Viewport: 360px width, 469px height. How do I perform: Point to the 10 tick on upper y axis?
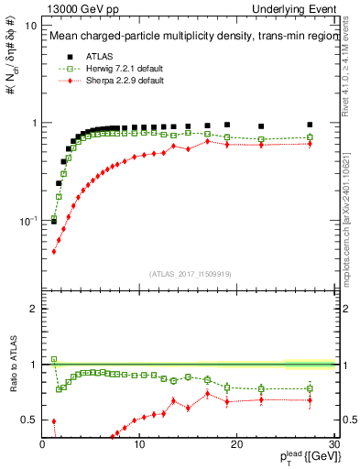30,26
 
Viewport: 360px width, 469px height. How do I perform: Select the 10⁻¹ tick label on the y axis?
27,221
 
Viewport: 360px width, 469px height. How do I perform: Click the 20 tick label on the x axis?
236,446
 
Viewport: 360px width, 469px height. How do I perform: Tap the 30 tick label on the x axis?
333,446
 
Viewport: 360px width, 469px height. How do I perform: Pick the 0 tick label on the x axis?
43,446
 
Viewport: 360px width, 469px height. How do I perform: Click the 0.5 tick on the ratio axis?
29,420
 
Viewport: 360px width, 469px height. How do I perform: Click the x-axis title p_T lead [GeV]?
307,458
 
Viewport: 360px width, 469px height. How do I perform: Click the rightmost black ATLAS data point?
310,125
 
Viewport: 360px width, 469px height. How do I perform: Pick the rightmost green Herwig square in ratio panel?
310,388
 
